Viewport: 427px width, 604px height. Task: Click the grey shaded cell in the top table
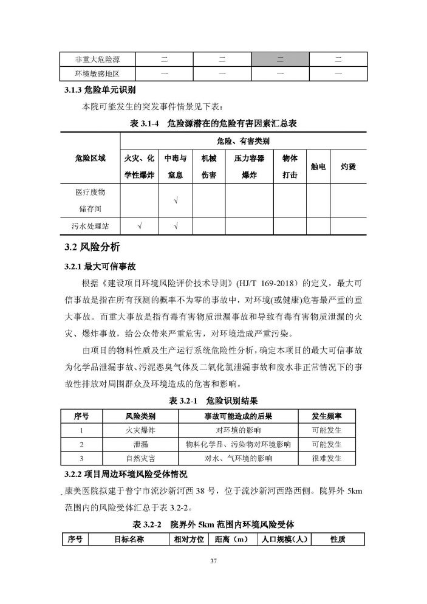pos(280,59)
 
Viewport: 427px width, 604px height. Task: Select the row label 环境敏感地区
pos(96,74)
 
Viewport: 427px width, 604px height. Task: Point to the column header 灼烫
pos(347,165)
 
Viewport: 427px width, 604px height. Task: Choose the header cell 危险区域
pos(90,157)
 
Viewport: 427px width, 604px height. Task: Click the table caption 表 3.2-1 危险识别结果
pos(213,400)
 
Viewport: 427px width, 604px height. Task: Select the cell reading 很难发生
pos(326,458)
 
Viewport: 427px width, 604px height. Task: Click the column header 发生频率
pos(326,416)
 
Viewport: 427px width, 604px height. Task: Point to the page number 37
pos(213,560)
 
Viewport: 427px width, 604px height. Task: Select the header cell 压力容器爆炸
pos(249,165)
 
